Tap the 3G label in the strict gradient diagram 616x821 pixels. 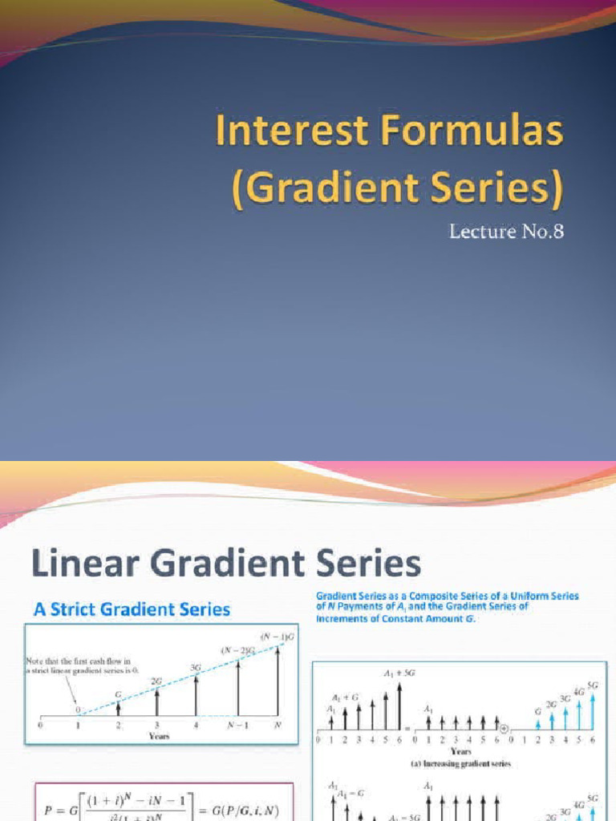[194, 667]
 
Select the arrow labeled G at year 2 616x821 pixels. [118, 707]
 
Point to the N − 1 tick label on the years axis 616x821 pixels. [237, 725]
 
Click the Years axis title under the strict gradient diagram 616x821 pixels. [157, 735]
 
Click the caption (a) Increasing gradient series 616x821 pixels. [460, 764]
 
